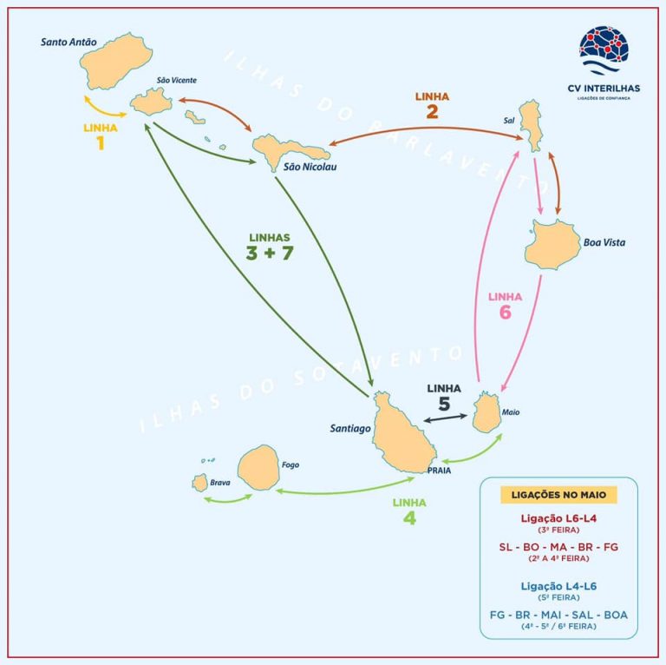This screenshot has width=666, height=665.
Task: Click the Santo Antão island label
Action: click(x=69, y=41)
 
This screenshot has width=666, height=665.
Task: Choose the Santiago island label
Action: click(x=350, y=428)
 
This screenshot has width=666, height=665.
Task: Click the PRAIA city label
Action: click(x=440, y=470)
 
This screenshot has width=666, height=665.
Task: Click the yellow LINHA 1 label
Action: click(x=101, y=135)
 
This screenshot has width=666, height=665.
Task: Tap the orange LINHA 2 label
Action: click(x=432, y=104)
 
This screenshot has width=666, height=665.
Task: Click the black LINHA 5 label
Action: click(x=443, y=396)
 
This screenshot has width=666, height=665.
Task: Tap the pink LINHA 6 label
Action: click(x=505, y=305)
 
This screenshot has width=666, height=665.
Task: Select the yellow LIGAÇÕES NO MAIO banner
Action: click(x=558, y=495)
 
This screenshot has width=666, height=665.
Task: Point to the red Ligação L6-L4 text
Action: click(x=558, y=518)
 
